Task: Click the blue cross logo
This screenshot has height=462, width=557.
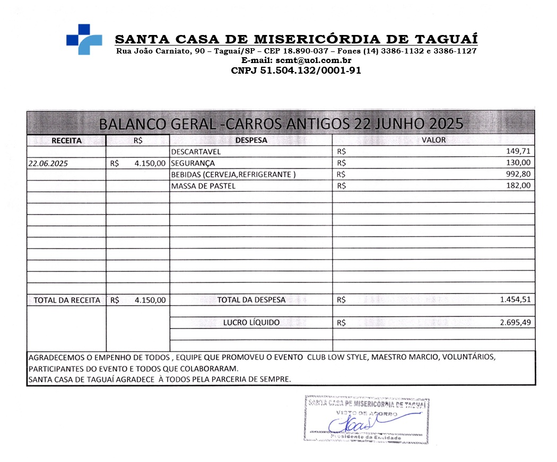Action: (x=84, y=39)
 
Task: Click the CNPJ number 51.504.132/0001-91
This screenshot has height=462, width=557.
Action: (x=296, y=70)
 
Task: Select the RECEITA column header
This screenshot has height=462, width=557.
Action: (x=66, y=141)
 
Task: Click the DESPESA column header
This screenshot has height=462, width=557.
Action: (x=251, y=140)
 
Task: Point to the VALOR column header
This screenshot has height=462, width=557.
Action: (x=433, y=140)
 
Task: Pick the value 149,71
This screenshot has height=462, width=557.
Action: (x=518, y=152)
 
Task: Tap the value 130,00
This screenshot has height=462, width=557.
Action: (x=518, y=163)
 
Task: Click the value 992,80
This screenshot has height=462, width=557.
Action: (x=518, y=174)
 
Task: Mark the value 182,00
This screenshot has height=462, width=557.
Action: (x=518, y=186)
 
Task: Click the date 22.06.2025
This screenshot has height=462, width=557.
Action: (x=48, y=164)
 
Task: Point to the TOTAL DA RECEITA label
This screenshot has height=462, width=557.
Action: (x=67, y=300)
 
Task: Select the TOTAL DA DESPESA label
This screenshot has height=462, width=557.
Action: (x=251, y=300)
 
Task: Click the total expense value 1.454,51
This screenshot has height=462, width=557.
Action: (x=515, y=300)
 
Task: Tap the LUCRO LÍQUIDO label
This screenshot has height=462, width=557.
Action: (x=251, y=322)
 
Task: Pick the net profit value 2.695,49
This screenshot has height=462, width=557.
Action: (x=515, y=322)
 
